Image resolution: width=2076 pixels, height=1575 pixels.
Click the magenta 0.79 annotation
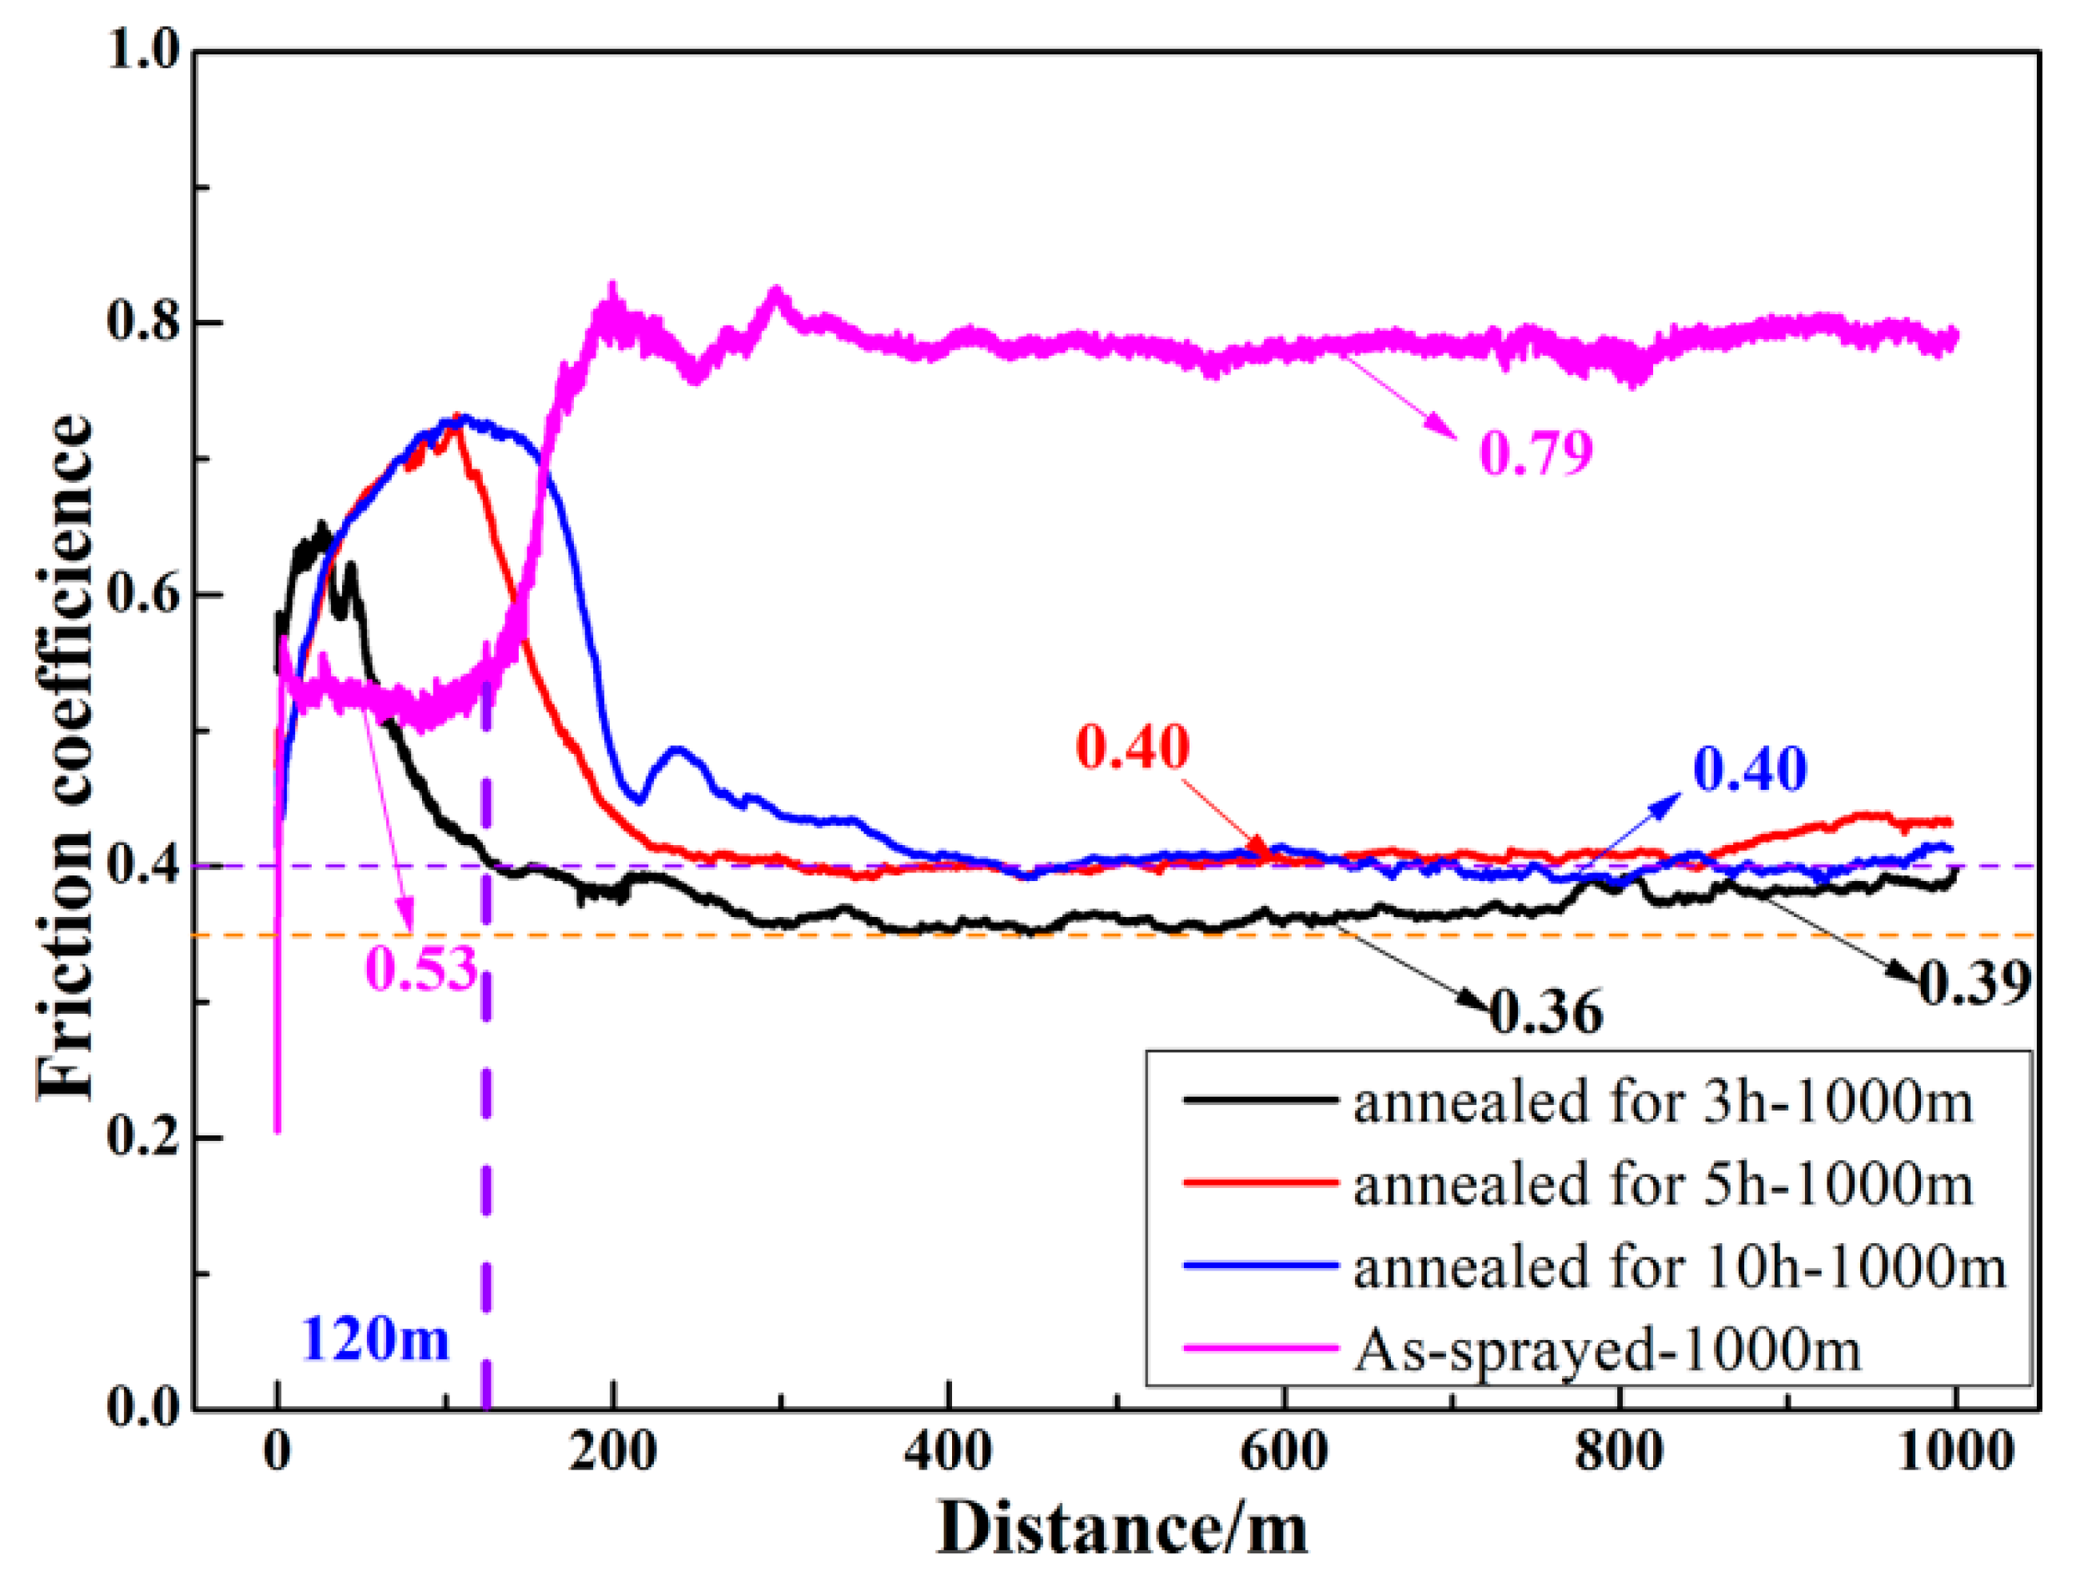coord(1536,453)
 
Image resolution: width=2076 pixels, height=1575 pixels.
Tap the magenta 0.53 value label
coord(420,967)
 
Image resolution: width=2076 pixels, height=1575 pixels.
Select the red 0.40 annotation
coord(1132,748)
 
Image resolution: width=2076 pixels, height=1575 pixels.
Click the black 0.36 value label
coord(1547,1013)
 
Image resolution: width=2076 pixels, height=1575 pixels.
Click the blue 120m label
coord(374,1339)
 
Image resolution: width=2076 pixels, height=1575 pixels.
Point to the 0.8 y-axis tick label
coord(141,322)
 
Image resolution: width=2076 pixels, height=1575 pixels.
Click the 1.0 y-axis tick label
coord(141,50)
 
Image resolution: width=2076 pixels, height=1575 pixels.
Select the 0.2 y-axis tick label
coord(141,1138)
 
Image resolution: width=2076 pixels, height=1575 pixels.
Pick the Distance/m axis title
coord(1122,1528)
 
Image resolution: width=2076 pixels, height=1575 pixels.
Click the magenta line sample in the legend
coord(1261,1350)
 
